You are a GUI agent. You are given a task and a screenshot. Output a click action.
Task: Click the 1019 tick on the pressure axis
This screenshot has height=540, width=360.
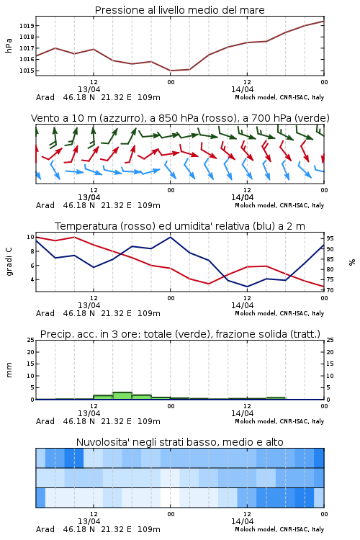pyautogui.click(x=26, y=26)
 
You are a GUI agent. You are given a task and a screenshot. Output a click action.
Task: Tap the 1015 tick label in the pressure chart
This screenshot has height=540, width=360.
pyautogui.click(x=26, y=71)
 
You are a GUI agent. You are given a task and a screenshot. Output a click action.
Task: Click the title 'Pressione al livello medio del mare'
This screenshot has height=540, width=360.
pyautogui.click(x=180, y=10)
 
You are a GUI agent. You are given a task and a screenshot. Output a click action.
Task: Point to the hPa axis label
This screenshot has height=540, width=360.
pyautogui.click(x=9, y=45)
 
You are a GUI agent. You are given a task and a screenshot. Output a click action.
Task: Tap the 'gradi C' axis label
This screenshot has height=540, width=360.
pyautogui.click(x=9, y=261)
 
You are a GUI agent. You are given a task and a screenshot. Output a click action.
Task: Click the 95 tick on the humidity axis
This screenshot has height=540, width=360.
pyautogui.click(x=330, y=238)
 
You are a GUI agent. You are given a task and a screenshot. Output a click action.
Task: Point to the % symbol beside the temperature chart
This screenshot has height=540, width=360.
pyautogui.click(x=352, y=262)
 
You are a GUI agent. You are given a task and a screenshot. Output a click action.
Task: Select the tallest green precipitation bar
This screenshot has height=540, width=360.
pyautogui.click(x=122, y=396)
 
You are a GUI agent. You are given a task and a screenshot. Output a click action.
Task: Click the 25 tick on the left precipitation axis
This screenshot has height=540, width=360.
pyautogui.click(x=31, y=340)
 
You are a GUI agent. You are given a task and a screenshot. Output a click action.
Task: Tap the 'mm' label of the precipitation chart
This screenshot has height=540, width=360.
pyautogui.click(x=9, y=370)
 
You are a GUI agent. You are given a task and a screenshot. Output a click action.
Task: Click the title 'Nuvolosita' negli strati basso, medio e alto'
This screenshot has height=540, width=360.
pyautogui.click(x=180, y=442)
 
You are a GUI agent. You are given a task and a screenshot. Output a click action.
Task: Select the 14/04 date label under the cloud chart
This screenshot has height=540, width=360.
pyautogui.click(x=242, y=521)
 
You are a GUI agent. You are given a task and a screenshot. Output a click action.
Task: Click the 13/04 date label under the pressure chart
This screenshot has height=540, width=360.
pyautogui.click(x=89, y=89)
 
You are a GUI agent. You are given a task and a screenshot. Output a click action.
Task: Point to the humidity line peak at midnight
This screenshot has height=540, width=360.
pyautogui.click(x=170, y=237)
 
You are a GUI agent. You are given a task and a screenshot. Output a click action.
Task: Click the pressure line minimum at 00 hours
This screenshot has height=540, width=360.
pyautogui.click(x=170, y=71)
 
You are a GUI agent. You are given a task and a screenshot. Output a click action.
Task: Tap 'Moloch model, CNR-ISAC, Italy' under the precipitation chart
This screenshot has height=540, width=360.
pyautogui.click(x=279, y=421)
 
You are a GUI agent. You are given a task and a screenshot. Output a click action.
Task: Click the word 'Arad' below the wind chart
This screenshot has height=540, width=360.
pyautogui.click(x=45, y=205)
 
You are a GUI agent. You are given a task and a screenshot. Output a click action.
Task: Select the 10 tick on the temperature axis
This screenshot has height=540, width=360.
pyautogui.click(x=30, y=237)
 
